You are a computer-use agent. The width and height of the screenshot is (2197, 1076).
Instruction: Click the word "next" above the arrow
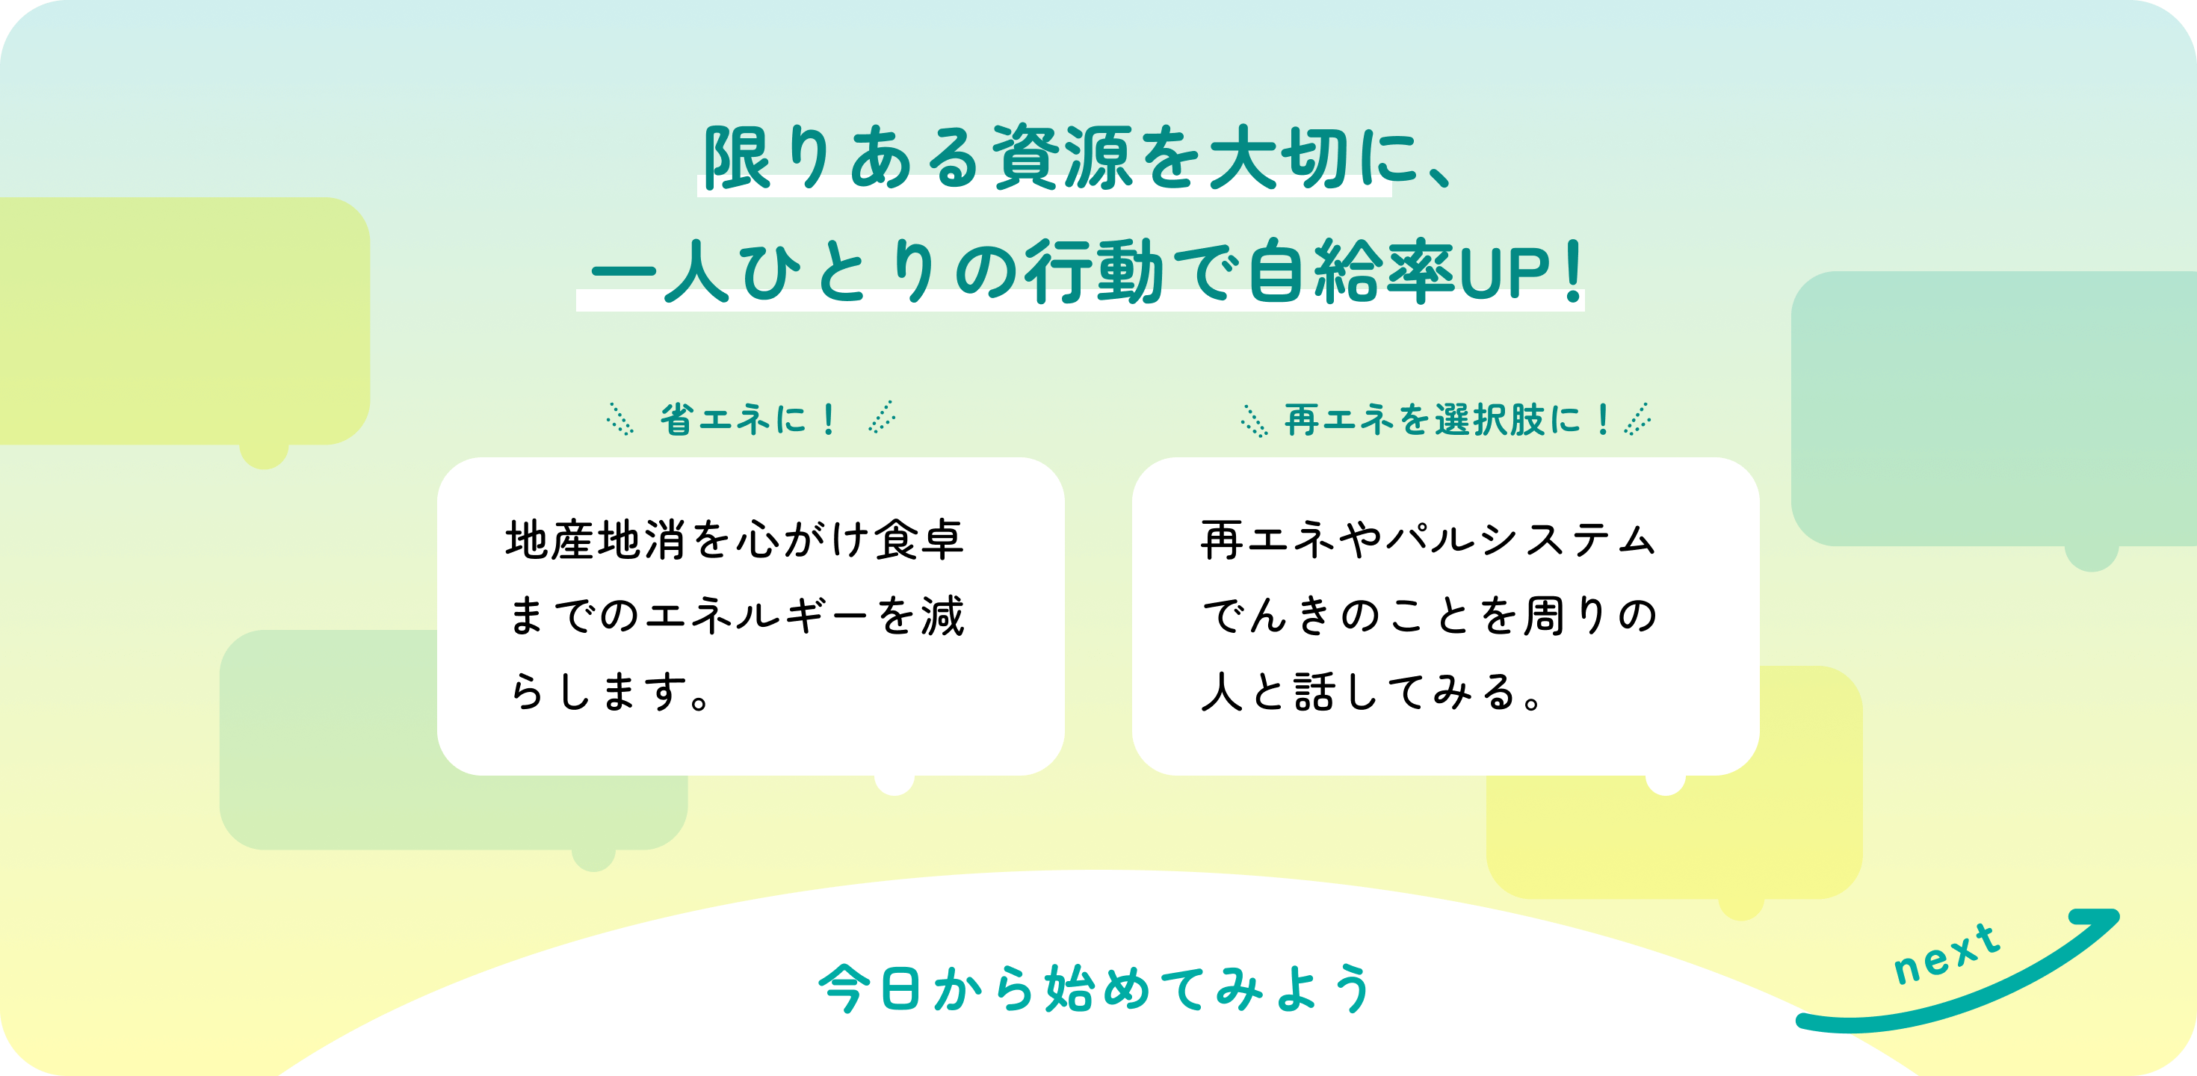click(1946, 955)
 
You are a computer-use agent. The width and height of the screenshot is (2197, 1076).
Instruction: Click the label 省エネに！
click(748, 418)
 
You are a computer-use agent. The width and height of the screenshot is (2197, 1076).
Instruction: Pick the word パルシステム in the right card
click(1521, 539)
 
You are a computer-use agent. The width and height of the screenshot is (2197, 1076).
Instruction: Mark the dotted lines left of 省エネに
click(620, 419)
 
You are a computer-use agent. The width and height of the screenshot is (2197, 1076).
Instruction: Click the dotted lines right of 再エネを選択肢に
click(1637, 419)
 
